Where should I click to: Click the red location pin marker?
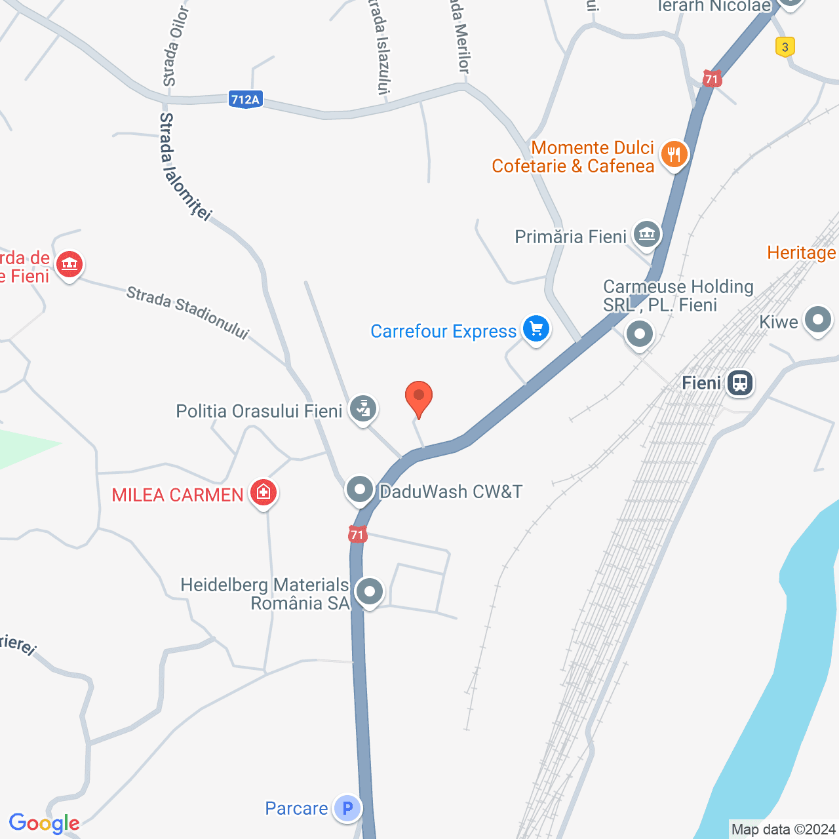418,397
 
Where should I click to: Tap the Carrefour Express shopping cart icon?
536,329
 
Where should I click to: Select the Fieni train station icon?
740,382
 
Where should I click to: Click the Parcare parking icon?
347,808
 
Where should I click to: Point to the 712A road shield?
246,99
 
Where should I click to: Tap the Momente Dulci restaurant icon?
674,155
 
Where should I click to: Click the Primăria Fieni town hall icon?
647,235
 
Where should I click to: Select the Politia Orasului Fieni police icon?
362,409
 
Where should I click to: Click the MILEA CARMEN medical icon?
264,492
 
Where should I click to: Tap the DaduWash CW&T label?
451,492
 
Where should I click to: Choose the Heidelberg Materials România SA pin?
370,592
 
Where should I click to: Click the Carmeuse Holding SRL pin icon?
640,334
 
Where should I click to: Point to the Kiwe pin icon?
817,321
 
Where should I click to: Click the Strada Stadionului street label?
187,313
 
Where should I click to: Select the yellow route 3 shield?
785,47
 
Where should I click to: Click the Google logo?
44,823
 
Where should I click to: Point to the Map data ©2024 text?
783,829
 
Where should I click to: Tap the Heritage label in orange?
802,252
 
